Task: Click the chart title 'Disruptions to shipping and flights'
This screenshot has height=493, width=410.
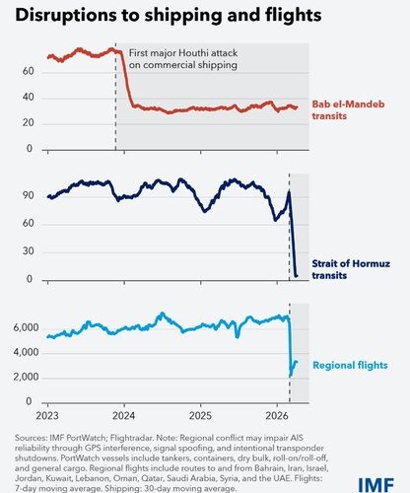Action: pyautogui.click(x=169, y=15)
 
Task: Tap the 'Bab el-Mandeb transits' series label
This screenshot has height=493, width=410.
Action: pyautogui.click(x=348, y=109)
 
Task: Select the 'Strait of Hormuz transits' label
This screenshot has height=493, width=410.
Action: pyautogui.click(x=351, y=269)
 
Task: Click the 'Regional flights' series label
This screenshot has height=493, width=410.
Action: pyautogui.click(x=350, y=365)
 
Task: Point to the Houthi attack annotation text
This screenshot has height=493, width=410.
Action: pyautogui.click(x=183, y=59)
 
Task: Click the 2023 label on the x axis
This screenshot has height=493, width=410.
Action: pyautogui.click(x=47, y=416)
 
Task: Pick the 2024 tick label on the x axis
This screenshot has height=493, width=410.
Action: pyautogui.click(x=124, y=416)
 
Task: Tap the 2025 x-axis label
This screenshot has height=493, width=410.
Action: pyautogui.click(x=200, y=416)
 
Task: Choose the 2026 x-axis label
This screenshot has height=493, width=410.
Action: pyautogui.click(x=277, y=416)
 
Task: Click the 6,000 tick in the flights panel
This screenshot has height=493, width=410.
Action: pyautogui.click(x=27, y=327)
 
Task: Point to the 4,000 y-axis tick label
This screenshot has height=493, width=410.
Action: pyautogui.click(x=27, y=352)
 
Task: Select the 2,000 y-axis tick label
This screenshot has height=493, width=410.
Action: pyautogui.click(x=27, y=377)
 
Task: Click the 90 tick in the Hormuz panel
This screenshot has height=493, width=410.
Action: pyautogui.click(x=29, y=195)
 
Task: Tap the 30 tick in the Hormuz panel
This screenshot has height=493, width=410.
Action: pyautogui.click(x=29, y=251)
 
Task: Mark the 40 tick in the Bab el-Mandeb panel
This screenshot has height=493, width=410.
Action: pyautogui.click(x=29, y=97)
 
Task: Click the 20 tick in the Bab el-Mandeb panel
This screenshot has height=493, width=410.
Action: pyautogui.click(x=29, y=122)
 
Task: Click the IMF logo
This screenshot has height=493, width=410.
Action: pyautogui.click(x=376, y=486)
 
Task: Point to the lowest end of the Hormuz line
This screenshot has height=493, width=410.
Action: pyautogui.click(x=297, y=276)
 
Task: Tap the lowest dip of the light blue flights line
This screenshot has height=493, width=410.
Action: pyautogui.click(x=291, y=376)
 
